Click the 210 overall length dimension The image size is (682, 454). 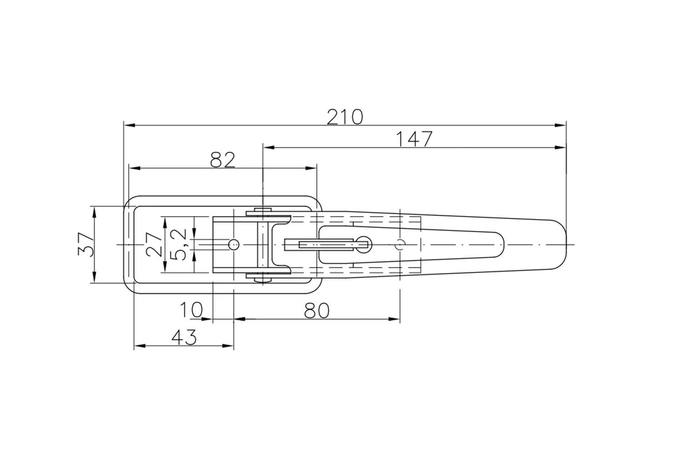click(x=345, y=117)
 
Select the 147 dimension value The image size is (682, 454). click(x=414, y=139)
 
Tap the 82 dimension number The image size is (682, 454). click(x=223, y=160)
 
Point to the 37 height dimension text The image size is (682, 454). click(x=86, y=245)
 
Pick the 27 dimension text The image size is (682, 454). click(x=153, y=245)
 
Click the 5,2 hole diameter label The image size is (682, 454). click(x=178, y=244)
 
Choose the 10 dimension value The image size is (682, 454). click(x=191, y=310)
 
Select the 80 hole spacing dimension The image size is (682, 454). click(x=316, y=311)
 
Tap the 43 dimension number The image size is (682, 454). click(x=184, y=337)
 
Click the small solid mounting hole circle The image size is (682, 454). click(x=234, y=245)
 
